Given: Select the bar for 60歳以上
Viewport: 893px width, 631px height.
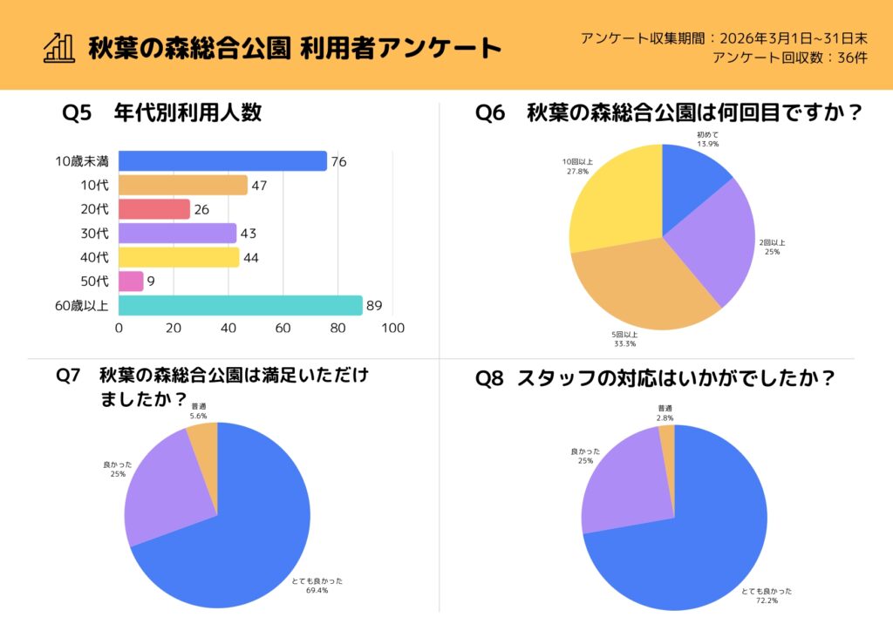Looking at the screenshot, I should click(x=240, y=306).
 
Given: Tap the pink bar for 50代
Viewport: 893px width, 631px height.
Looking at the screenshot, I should click(x=131, y=282).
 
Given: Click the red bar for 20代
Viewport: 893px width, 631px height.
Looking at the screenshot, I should click(x=153, y=209).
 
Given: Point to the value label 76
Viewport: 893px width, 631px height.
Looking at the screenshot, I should click(x=339, y=162).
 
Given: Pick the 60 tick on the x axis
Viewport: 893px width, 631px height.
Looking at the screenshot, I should click(x=283, y=329).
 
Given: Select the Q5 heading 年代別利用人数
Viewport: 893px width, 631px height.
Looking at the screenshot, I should click(x=162, y=112).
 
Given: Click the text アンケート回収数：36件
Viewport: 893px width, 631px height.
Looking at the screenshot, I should click(x=790, y=58).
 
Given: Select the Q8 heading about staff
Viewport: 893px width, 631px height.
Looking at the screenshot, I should click(x=655, y=379).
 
